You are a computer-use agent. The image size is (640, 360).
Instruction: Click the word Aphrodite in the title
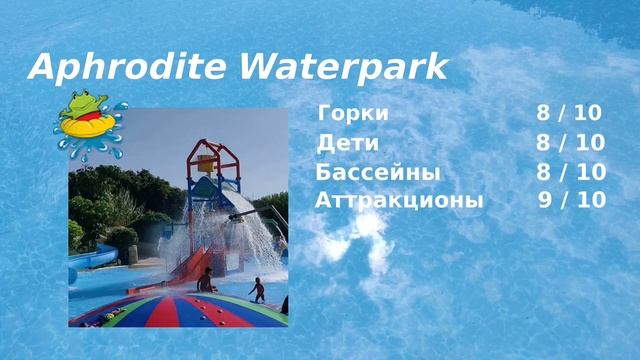[x=129, y=67]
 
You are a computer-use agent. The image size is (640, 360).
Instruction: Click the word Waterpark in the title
[x=343, y=67]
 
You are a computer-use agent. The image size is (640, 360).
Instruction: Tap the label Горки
[x=352, y=113]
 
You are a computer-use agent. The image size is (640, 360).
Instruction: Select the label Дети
[x=347, y=142]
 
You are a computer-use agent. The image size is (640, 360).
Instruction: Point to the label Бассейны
[x=377, y=171]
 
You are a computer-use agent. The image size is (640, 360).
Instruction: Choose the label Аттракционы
[x=399, y=200]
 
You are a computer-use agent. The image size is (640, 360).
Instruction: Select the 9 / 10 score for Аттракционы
[x=571, y=200]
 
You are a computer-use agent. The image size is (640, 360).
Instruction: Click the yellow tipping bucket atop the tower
[x=207, y=163]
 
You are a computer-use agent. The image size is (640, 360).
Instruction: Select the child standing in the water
[x=258, y=290]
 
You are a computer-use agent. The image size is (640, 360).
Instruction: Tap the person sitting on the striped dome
[x=206, y=281]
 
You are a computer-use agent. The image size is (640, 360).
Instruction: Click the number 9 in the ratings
[x=545, y=200]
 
